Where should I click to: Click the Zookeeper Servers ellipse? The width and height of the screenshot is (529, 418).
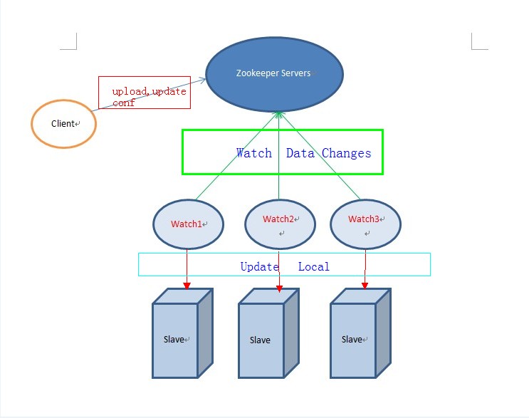click(275, 74)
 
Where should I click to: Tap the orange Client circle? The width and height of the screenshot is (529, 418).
click(63, 124)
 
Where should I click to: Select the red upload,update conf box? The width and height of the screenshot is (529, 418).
click(145, 93)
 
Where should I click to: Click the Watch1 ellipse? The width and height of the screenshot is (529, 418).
click(188, 224)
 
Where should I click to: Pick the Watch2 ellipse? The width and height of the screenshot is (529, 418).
click(280, 224)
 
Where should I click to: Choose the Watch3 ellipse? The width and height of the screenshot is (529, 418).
click(365, 224)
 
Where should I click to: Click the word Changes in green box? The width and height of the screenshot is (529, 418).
click(346, 153)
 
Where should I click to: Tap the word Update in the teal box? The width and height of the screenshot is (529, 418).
click(259, 266)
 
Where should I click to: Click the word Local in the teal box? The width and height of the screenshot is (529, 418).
click(313, 266)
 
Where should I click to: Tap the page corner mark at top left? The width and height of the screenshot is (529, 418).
click(70, 43)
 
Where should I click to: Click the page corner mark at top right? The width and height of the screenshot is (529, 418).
click(478, 43)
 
